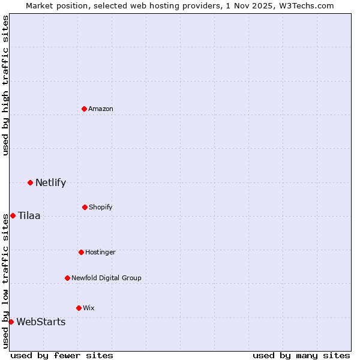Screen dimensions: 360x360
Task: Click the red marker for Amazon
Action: tap(85, 109)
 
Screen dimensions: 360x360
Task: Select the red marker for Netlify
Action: tap(30, 182)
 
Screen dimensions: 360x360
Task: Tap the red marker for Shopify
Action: tap(85, 207)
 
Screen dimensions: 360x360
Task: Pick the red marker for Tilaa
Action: tap(13, 215)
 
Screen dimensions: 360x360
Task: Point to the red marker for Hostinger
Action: tap(81, 252)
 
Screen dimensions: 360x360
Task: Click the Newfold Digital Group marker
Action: tap(67, 278)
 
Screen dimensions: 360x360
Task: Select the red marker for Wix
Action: tap(79, 308)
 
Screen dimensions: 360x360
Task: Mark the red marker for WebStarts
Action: tap(11, 322)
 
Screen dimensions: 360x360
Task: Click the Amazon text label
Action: tap(101, 109)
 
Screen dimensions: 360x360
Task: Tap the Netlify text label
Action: tap(50, 182)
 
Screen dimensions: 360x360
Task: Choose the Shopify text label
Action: tap(101, 207)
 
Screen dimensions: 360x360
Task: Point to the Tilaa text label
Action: tap(29, 215)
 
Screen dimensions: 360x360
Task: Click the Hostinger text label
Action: tap(100, 252)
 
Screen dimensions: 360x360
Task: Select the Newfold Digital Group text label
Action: tap(106, 278)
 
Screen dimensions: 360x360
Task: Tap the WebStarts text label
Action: tap(41, 322)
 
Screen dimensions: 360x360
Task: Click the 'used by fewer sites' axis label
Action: tap(62, 355)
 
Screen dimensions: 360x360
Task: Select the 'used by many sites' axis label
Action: tap(301, 355)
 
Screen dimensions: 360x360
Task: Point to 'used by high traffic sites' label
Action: tap(5, 86)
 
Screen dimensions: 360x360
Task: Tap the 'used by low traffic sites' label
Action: tap(5, 280)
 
